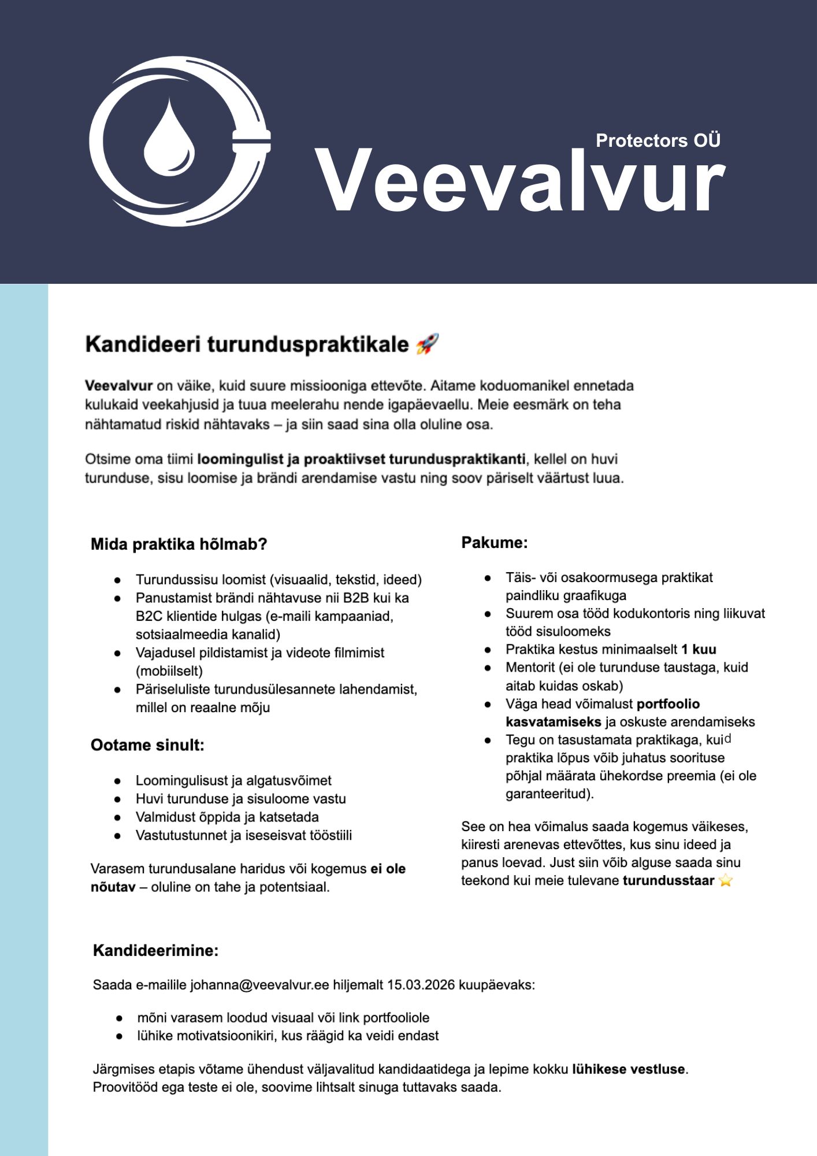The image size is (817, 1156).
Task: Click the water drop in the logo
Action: [169, 140]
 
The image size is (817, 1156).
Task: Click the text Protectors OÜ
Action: [658, 140]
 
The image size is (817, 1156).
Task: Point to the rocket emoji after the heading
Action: [428, 344]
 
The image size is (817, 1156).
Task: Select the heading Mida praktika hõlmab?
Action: [179, 544]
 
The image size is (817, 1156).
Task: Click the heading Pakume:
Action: [494, 543]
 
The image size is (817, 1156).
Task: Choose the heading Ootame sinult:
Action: [147, 745]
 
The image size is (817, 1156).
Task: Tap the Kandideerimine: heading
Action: [155, 951]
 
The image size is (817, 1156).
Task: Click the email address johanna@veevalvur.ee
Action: [259, 985]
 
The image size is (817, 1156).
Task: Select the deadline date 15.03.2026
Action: [421, 985]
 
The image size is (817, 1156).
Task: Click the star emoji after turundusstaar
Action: [726, 881]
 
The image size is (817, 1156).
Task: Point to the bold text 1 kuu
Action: [699, 649]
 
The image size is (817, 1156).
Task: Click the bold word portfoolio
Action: [668, 704]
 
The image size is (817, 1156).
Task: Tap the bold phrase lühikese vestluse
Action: [628, 1069]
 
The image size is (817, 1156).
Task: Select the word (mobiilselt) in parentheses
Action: [169, 671]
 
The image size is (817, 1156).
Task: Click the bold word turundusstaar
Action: [669, 881]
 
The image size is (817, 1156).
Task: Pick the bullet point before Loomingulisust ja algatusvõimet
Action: [118, 781]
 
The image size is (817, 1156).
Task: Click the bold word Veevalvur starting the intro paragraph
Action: [118, 386]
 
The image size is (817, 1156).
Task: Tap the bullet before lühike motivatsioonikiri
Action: [119, 1036]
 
